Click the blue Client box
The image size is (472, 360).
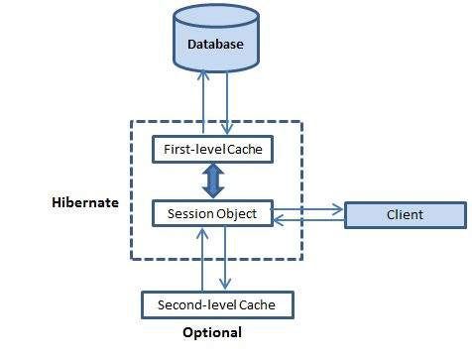(x=405, y=214)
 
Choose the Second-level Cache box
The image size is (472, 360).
(x=217, y=303)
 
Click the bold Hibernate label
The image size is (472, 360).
(x=84, y=202)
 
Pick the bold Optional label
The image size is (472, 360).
(x=212, y=333)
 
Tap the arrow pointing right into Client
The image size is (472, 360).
(x=309, y=208)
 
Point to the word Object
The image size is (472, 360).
(x=236, y=212)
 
